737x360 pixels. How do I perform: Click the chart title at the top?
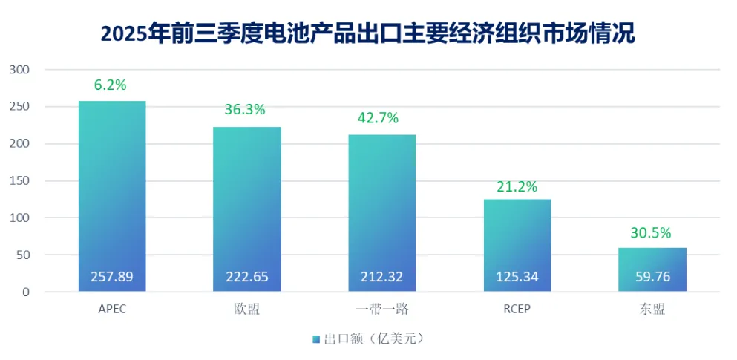point(367,33)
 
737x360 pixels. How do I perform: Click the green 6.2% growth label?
point(111,85)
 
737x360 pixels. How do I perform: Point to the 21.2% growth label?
point(517,186)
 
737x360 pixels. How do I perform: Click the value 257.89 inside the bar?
point(112,277)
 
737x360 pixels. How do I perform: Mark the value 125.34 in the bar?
point(517,277)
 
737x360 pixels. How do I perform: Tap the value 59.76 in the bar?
point(652,277)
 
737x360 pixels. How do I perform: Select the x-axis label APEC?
point(112,310)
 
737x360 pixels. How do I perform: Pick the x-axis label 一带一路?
point(381,310)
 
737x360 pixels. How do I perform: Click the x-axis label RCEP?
point(517,310)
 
